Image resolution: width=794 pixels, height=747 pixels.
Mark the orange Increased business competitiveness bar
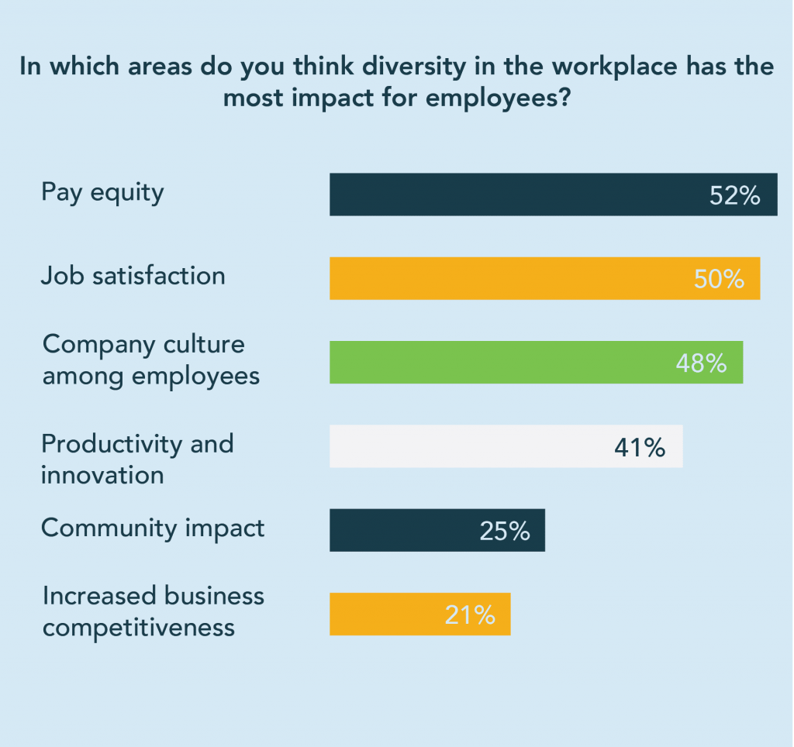[388, 614]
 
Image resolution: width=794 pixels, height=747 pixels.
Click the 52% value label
[734, 196]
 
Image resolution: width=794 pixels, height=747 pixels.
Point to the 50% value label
[719, 280]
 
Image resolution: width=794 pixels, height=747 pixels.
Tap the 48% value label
[701, 363]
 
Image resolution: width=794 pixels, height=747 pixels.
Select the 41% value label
[640, 447]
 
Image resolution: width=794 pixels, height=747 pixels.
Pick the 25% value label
[504, 532]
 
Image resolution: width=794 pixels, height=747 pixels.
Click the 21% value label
[470, 615]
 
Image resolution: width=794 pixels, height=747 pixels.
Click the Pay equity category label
[102, 192]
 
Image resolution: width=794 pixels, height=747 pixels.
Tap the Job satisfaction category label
[133, 276]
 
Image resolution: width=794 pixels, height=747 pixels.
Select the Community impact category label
[153, 528]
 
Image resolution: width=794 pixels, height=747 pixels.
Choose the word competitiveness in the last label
[139, 627]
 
